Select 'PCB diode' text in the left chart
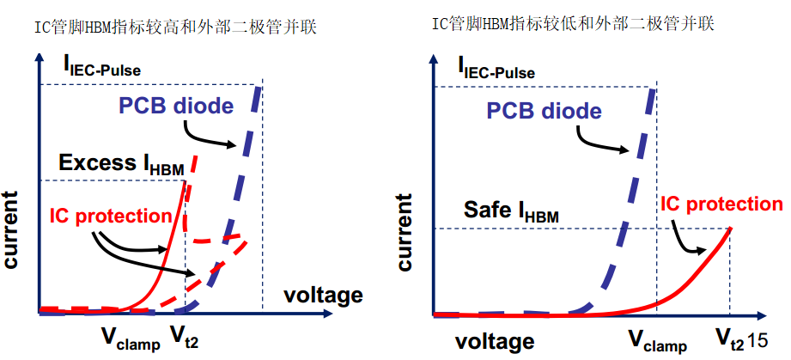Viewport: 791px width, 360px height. click(x=176, y=107)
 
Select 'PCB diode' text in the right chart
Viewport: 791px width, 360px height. click(x=545, y=111)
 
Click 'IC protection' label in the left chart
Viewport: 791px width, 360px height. click(x=111, y=216)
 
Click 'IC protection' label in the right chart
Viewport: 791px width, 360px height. click(x=721, y=204)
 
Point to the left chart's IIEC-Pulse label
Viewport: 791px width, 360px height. click(x=101, y=64)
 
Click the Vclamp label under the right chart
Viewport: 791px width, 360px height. click(x=657, y=342)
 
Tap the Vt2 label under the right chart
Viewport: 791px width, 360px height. click(x=729, y=341)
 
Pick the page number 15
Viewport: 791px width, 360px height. click(x=757, y=341)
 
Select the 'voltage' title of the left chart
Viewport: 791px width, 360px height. click(x=322, y=296)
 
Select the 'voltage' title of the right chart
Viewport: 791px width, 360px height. click(x=494, y=341)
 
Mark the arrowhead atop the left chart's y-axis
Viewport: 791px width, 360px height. click(x=37, y=58)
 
